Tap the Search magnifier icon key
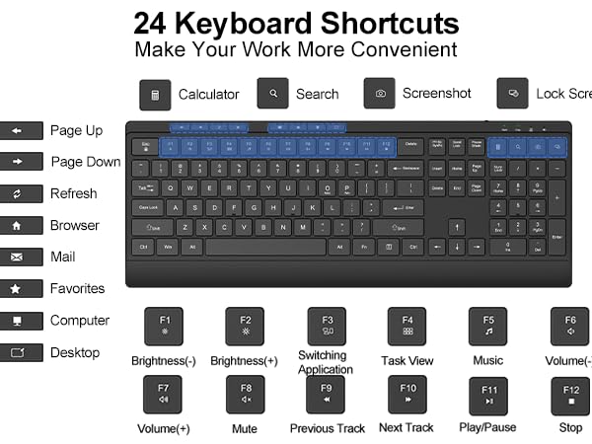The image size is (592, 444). [272, 94]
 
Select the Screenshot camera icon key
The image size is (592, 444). [380, 94]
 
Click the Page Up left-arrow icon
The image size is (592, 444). [21, 130]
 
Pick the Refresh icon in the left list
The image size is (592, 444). [21, 193]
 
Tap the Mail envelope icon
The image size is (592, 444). [21, 258]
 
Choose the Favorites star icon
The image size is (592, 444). [21, 289]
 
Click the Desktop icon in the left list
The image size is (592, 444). [21, 352]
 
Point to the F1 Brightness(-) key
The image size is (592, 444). [165, 327]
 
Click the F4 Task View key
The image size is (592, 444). [407, 327]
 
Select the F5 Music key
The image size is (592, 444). [487, 327]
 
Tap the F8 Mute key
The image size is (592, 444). [245, 396]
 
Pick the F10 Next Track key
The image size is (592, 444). [407, 396]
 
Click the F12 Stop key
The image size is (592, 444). [570, 396]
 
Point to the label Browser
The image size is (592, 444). [75, 226]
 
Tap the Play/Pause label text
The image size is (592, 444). [487, 427]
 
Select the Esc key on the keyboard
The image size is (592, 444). [145, 145]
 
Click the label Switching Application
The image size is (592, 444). [325, 362]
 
